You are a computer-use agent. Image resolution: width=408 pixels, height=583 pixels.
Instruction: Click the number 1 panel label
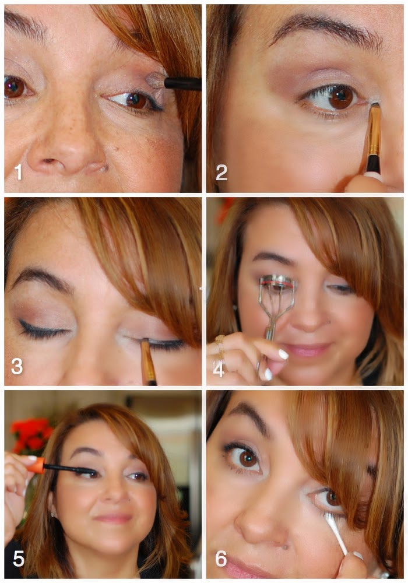click(18, 172)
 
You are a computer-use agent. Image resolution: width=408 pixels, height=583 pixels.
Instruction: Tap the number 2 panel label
click(221, 173)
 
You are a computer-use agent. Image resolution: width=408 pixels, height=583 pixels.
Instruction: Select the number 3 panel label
click(17, 366)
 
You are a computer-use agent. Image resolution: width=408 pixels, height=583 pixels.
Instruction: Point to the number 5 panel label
click(19, 559)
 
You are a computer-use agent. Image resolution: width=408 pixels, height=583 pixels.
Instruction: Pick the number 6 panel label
click(221, 559)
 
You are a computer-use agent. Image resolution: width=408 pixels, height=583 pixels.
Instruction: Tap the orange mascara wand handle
click(37, 465)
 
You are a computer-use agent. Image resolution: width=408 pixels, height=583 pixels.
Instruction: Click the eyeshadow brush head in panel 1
click(156, 80)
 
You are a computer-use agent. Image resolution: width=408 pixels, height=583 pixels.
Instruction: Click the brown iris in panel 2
click(341, 97)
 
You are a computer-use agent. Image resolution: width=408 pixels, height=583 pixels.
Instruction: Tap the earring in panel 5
click(53, 515)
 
